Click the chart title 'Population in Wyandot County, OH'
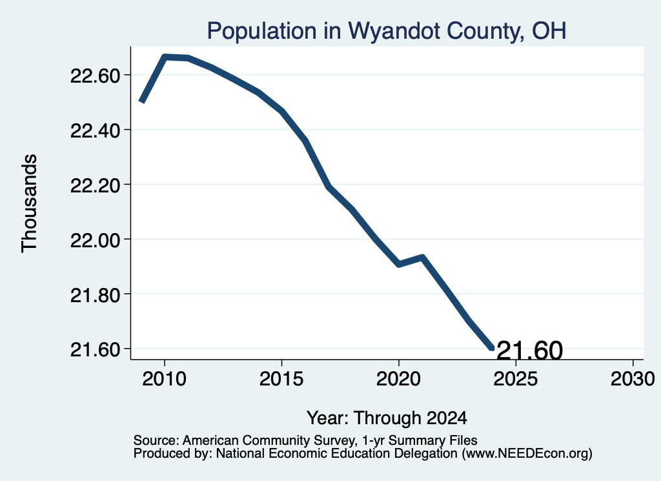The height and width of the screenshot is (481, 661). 387,31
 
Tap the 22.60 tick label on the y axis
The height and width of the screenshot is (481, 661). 96,76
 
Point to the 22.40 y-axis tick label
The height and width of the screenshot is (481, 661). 96,130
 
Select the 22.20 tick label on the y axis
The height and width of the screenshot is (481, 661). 96,185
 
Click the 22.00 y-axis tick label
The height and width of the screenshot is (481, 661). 96,240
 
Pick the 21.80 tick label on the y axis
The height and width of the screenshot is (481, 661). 96,295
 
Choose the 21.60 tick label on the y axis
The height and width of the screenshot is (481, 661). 96,349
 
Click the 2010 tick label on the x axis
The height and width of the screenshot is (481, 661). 165,379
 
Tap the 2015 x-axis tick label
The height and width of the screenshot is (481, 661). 281,379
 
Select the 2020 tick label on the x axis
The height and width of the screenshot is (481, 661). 398,379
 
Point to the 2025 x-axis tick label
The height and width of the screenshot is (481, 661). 516,379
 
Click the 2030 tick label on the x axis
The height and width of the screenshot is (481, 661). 633,379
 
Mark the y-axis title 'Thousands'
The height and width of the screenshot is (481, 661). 30,203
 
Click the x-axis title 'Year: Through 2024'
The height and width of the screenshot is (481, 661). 387,418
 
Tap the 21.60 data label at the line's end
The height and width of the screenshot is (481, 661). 530,351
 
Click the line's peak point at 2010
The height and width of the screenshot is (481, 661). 165,57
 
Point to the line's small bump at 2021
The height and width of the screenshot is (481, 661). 422,257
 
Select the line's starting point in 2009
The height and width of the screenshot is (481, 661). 142,101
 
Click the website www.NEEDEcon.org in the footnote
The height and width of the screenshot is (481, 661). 527,454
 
